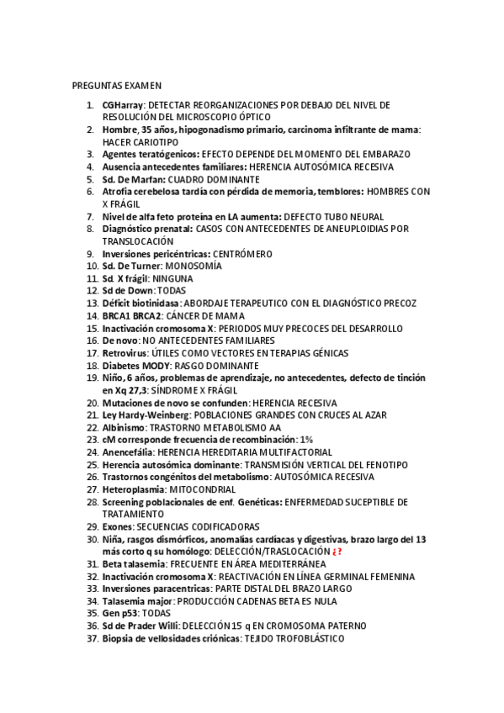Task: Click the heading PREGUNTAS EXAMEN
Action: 117,85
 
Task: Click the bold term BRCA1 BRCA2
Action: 131,315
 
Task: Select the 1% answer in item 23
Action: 306,439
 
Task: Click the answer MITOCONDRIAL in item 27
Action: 203,489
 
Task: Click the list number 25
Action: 92,464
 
